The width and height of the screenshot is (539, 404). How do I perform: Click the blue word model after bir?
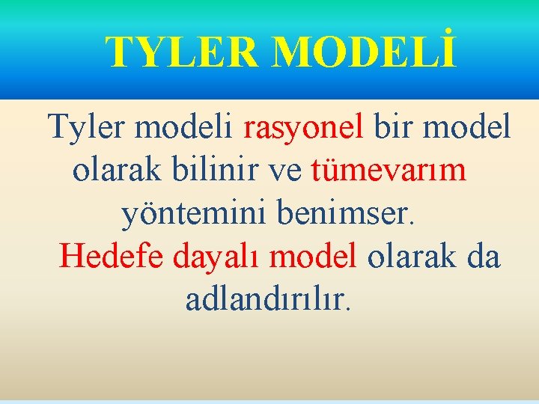[467, 127]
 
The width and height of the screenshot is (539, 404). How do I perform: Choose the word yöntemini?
[195, 215]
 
